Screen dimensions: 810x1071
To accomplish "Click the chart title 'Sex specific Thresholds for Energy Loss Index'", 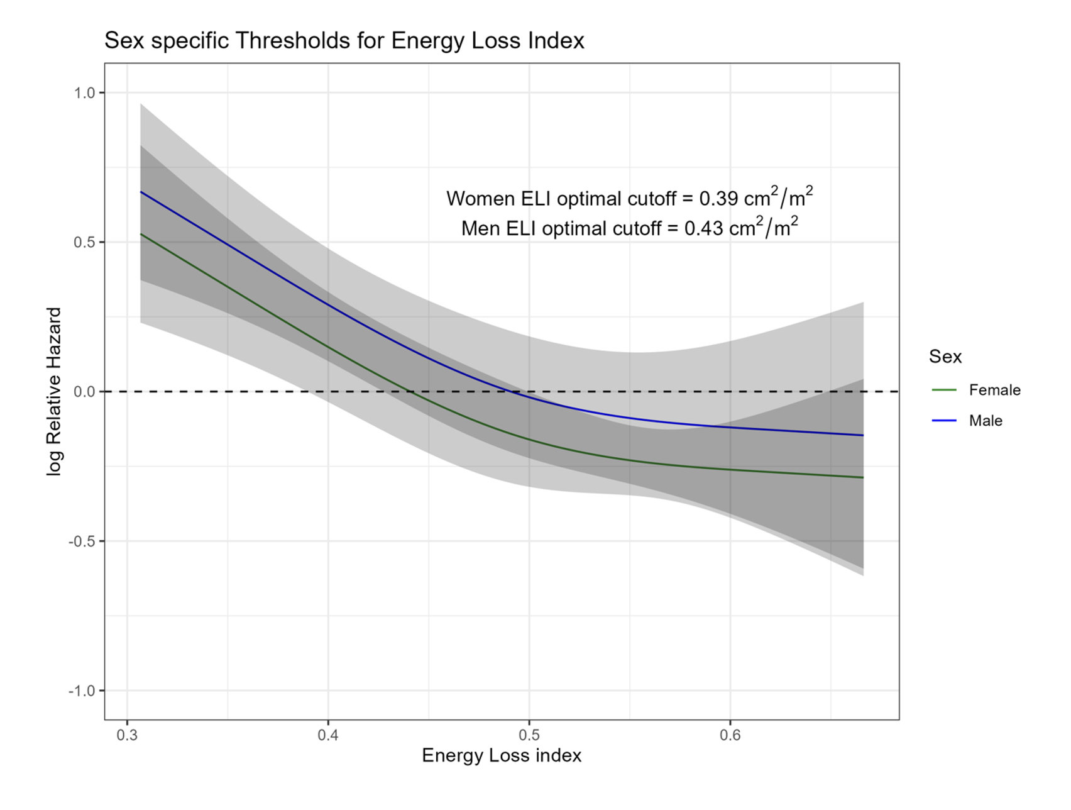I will [x=344, y=41].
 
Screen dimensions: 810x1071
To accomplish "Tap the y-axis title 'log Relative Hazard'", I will [x=55, y=391].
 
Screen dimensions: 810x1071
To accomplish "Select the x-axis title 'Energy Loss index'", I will [x=502, y=755].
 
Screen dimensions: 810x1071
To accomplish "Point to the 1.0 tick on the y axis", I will [x=84, y=93].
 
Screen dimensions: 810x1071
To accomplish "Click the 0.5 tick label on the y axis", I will [x=84, y=242].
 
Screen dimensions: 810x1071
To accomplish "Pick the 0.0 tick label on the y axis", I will [x=84, y=392].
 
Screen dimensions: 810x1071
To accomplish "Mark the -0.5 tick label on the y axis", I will [x=82, y=541].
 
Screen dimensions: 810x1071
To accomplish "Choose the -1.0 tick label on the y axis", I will [x=82, y=691].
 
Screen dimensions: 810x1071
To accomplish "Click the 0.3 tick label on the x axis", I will [x=127, y=735].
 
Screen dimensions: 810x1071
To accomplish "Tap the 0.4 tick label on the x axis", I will [x=328, y=735].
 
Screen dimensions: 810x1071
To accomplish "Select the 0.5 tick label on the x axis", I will [x=529, y=735].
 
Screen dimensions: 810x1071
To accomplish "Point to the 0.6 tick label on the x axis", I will [x=730, y=735].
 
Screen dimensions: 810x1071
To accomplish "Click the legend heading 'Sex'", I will [x=945, y=357].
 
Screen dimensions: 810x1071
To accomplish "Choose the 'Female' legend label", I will [x=994, y=390].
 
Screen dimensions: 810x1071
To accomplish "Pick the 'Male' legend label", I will [x=985, y=421].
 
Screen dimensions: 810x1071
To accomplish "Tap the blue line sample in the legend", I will [x=944, y=421].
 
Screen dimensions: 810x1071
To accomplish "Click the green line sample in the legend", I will [x=944, y=390].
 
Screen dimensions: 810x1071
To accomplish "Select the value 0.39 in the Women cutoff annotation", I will [x=718, y=199].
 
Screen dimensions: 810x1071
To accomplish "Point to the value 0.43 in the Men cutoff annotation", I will [x=703, y=228].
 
